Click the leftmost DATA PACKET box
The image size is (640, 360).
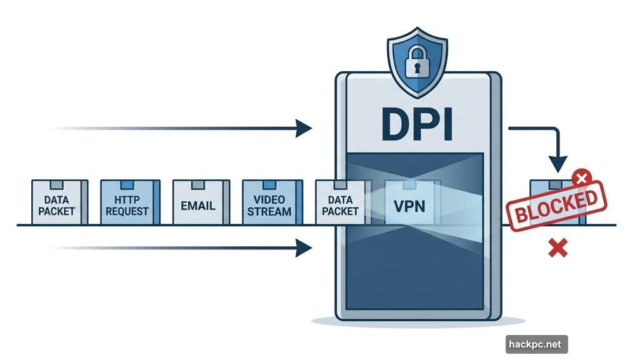click(x=59, y=202)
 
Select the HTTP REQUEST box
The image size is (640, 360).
click(x=130, y=202)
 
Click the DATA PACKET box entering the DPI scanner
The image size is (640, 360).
click(x=340, y=202)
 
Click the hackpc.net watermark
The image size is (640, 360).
click(x=536, y=344)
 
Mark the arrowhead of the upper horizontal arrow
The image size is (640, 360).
click(x=304, y=129)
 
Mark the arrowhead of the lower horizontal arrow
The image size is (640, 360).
click(x=304, y=249)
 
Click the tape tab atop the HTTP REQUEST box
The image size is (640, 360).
click(x=130, y=184)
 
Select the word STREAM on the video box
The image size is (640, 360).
click(x=270, y=211)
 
